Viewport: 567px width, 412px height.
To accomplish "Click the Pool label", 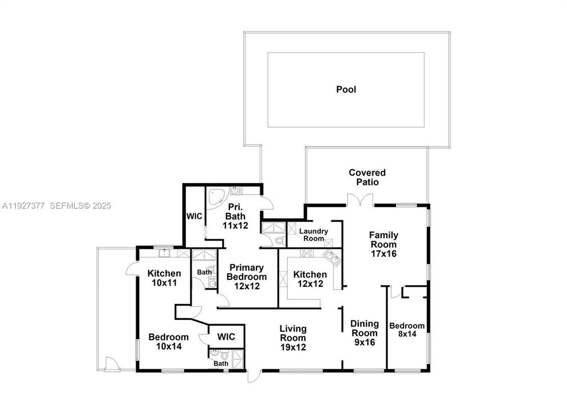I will (x=346, y=89).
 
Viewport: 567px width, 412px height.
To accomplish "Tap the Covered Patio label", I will (x=367, y=177).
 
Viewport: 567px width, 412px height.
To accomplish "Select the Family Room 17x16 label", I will (x=383, y=244).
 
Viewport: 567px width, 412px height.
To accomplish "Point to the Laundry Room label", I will (x=314, y=235).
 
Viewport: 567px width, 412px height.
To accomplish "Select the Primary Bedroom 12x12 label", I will (x=245, y=276).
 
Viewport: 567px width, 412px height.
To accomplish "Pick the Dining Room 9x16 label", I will (x=364, y=333).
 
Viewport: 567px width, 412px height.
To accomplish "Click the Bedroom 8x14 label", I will (x=407, y=330).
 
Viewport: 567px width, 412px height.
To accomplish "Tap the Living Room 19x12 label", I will (x=293, y=338).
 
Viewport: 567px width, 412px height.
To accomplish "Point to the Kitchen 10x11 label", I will (x=164, y=278).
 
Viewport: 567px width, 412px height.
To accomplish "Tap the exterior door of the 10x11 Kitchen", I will (x=131, y=269).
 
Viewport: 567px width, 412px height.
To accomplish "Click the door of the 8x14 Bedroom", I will (x=394, y=292).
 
